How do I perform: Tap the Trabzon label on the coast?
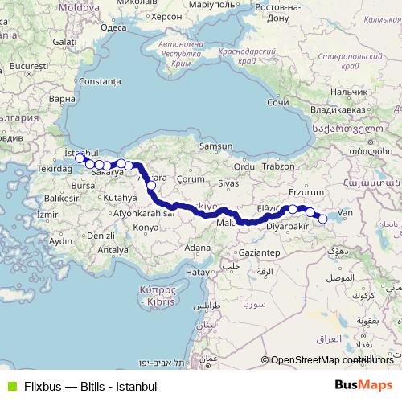[280, 166]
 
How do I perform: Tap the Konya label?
[146, 228]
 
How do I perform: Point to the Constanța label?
[99, 82]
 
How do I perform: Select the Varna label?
[61, 100]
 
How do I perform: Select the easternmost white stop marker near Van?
[322, 218]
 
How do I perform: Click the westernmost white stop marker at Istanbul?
[80, 158]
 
